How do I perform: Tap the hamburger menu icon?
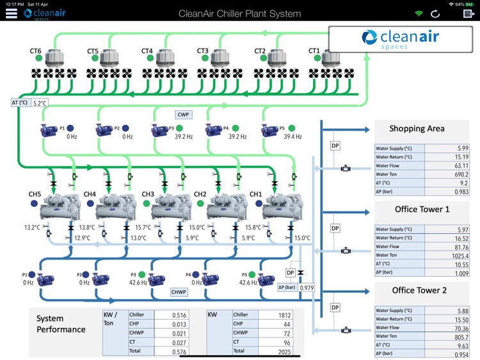pyautogui.click(x=11, y=13)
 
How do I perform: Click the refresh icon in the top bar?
pyautogui.click(x=436, y=13)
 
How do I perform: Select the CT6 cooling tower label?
pyautogui.click(x=36, y=51)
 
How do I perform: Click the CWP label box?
pyautogui.click(x=184, y=115)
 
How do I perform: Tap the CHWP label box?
pyautogui.click(x=179, y=292)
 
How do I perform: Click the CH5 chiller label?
pyautogui.click(x=35, y=194)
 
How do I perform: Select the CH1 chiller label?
pyautogui.click(x=256, y=194)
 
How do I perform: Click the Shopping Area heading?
pyautogui.click(x=417, y=129)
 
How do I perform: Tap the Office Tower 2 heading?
pyautogui.click(x=420, y=290)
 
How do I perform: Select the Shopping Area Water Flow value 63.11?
pyautogui.click(x=460, y=166)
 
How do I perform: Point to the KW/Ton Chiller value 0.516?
pyautogui.click(x=179, y=315)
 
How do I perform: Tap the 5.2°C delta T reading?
pyautogui.click(x=40, y=103)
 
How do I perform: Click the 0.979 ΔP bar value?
pyautogui.click(x=308, y=288)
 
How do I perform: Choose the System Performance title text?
pyautogui.click(x=61, y=323)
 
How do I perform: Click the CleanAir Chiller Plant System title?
pyautogui.click(x=239, y=13)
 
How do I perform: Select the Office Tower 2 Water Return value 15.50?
pyautogui.click(x=460, y=319)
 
